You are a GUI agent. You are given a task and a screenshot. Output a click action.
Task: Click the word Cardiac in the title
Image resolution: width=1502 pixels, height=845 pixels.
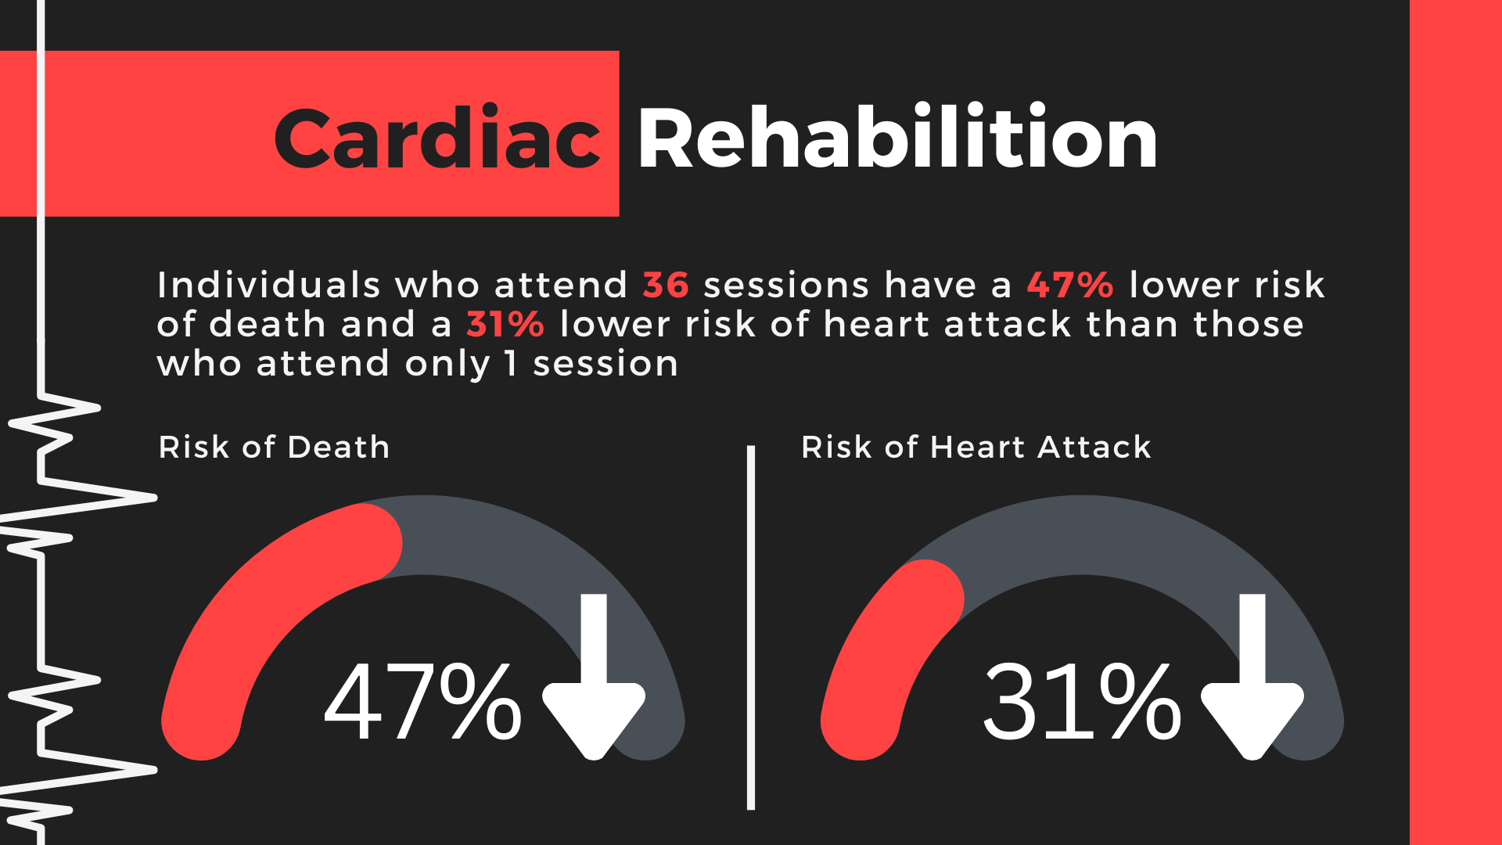(437, 138)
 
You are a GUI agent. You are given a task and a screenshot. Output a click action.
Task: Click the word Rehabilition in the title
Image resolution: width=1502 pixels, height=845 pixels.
(897, 137)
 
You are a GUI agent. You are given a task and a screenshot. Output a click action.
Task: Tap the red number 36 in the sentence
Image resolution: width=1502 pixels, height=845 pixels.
(666, 285)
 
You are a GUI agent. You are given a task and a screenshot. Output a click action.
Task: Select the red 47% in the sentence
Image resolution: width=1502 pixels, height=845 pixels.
(1069, 285)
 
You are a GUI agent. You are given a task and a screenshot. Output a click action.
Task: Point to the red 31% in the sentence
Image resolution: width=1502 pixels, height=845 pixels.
(505, 324)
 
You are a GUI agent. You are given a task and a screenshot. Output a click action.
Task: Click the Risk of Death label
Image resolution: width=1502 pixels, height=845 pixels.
(274, 447)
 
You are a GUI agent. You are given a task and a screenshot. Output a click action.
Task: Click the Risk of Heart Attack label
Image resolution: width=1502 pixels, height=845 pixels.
(976, 447)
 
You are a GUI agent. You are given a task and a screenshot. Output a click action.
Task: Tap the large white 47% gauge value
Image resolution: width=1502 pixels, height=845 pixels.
(423, 701)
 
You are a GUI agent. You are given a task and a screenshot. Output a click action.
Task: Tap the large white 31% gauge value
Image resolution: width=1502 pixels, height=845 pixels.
(1082, 701)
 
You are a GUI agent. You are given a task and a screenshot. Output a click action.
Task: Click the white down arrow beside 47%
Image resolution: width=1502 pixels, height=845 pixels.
(594, 677)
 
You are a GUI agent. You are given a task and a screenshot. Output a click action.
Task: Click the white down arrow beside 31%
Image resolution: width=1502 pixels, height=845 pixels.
(1252, 677)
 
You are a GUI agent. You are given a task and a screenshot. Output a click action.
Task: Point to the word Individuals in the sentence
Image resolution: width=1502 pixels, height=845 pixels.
(269, 285)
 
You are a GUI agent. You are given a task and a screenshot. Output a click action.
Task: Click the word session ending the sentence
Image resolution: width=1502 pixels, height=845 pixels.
(605, 363)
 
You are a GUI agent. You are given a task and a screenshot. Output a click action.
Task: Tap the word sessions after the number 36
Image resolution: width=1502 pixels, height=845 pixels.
(786, 285)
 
